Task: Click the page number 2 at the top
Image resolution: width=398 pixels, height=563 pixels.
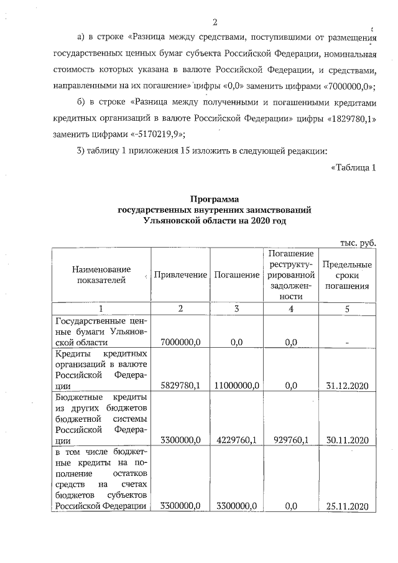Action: coord(215,24)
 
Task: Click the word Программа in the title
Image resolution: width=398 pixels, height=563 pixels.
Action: coord(215,200)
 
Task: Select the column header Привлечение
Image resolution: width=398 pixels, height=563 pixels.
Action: coord(180,275)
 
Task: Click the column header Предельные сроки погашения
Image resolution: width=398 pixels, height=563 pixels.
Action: coord(348,275)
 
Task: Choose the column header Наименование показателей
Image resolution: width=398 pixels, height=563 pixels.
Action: coord(101,275)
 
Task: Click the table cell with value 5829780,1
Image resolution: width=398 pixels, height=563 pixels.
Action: coord(180,386)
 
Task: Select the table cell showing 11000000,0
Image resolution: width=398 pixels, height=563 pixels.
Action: coord(236,386)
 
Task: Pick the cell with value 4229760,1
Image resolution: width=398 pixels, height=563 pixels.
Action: coord(236,440)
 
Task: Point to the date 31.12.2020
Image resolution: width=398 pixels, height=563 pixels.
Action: coord(348,386)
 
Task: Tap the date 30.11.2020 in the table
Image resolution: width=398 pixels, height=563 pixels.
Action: coord(348,440)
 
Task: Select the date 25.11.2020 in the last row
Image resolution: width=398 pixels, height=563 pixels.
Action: coord(348,506)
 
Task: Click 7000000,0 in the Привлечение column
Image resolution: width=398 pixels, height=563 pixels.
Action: coord(180,342)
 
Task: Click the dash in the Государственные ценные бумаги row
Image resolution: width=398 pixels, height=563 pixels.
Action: coord(348,342)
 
